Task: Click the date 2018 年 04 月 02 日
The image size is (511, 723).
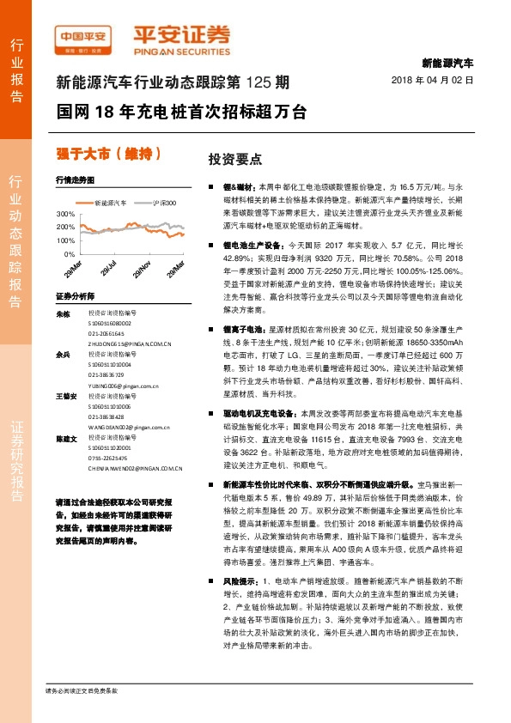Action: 438,79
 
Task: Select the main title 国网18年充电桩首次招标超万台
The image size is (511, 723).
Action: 180,112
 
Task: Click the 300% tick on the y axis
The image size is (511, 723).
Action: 65,214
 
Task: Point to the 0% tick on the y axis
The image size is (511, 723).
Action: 69,255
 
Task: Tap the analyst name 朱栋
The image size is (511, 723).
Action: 62,314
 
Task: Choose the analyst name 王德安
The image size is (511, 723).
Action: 64,396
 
